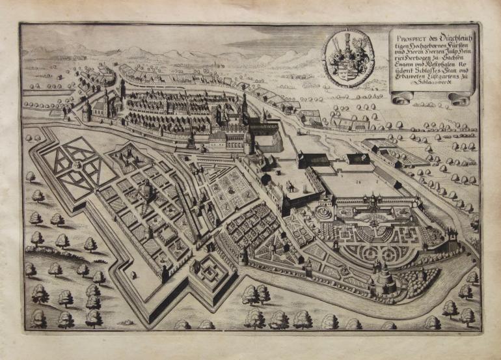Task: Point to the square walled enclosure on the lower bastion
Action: click(211, 272)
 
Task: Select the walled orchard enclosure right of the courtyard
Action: click(400, 152)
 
